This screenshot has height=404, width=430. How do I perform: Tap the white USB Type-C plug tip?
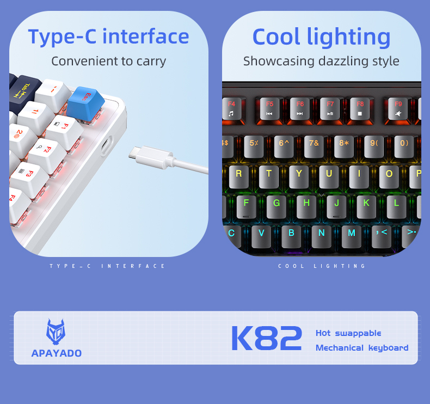[133, 153]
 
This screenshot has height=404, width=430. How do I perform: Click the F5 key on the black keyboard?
[270, 108]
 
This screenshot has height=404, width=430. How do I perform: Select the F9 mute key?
[398, 108]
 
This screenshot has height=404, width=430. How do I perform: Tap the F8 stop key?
[360, 108]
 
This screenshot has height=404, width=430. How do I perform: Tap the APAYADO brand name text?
[57, 353]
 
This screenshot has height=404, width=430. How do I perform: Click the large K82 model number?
[266, 339]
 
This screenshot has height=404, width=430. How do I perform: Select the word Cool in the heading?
[277, 37]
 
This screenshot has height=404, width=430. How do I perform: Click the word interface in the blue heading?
[145, 36]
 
